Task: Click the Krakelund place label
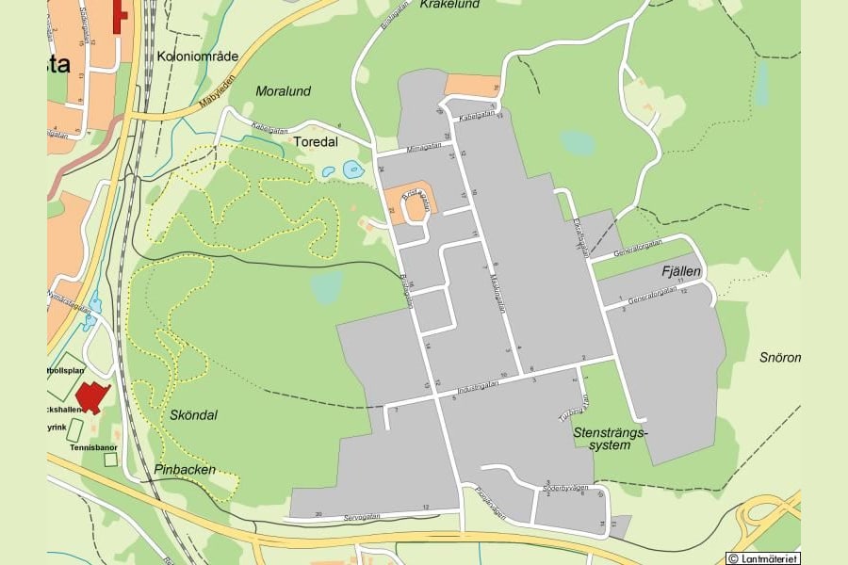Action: (449, 5)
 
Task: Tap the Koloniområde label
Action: (198, 56)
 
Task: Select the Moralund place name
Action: (283, 91)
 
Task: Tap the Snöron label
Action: (780, 357)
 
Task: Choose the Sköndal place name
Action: (194, 414)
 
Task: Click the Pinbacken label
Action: (185, 469)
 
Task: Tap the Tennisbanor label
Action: (92, 447)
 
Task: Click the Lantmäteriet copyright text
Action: (762, 558)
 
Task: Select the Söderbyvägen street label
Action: (565, 488)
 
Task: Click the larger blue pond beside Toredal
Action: (353, 169)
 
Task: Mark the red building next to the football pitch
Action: (91, 395)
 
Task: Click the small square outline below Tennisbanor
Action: (110, 460)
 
